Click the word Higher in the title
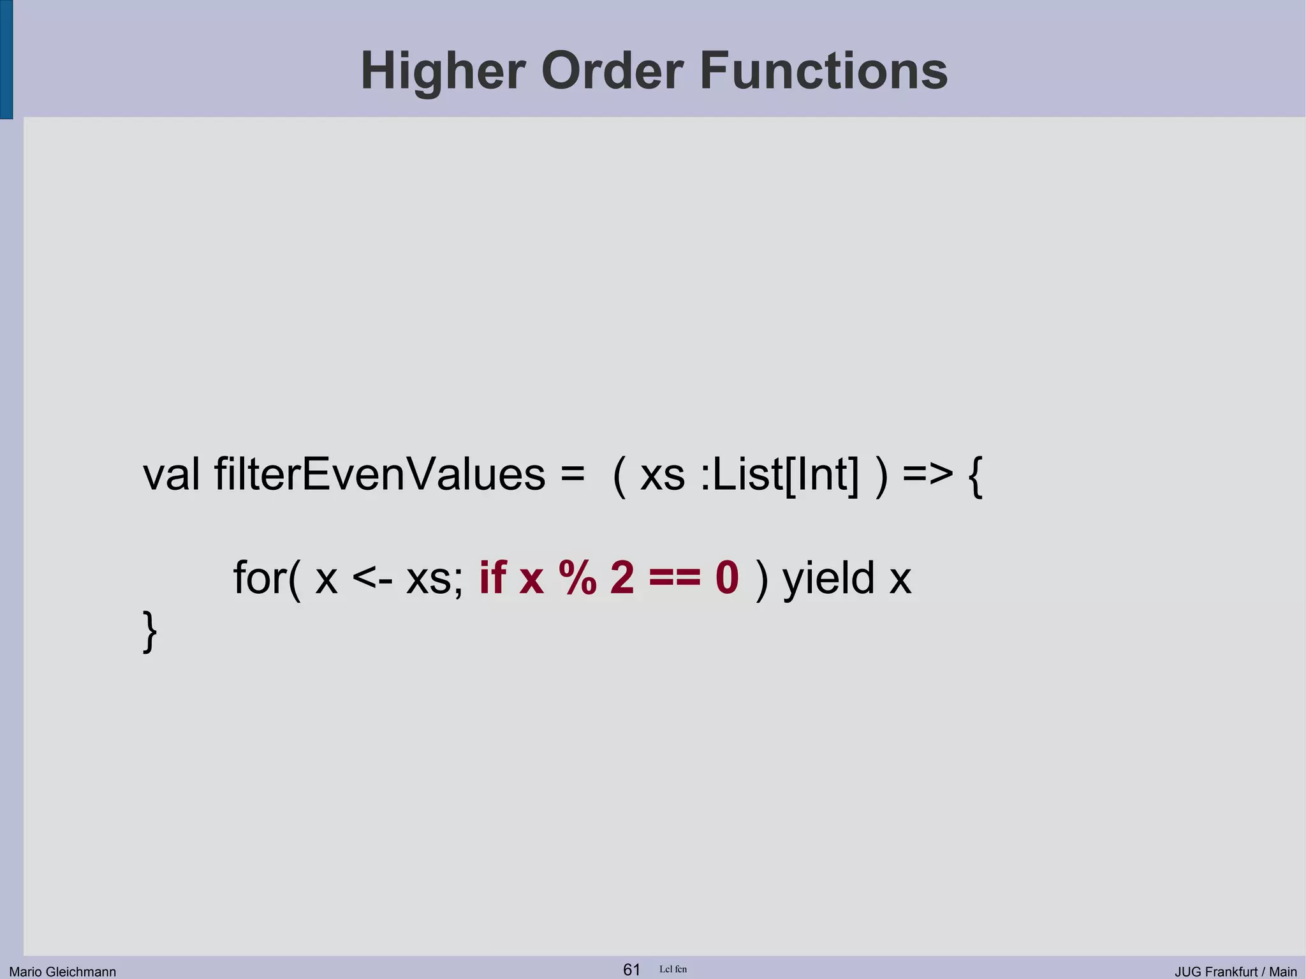pyautogui.click(x=443, y=71)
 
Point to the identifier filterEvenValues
pyautogui.click(x=379, y=475)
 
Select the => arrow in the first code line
pyautogui.click(x=928, y=475)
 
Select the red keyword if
pyautogui.click(x=492, y=577)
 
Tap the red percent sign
pyautogui.click(x=577, y=578)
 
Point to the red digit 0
pyautogui.click(x=727, y=578)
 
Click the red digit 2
pyautogui.click(x=622, y=578)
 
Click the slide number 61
pyautogui.click(x=631, y=969)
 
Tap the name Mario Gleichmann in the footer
pyautogui.click(x=62, y=971)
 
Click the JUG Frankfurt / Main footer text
pyautogui.click(x=1235, y=971)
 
